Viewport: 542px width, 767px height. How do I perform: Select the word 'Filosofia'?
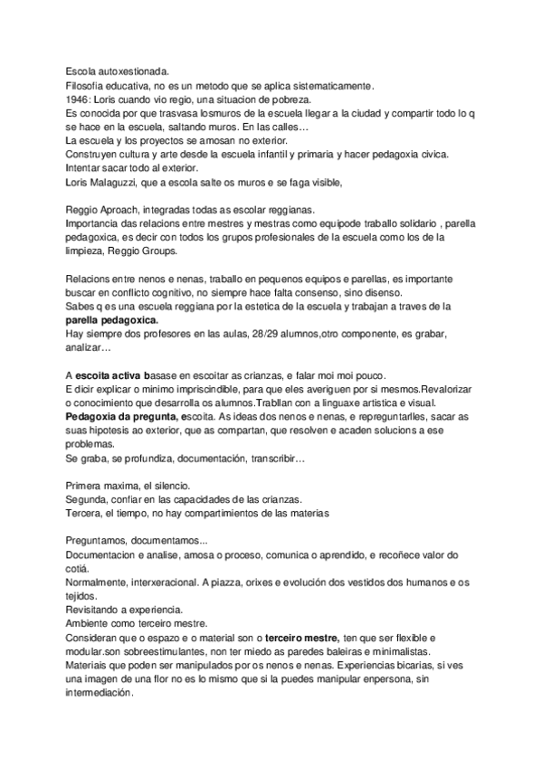click(x=87, y=85)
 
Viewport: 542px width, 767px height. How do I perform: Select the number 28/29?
click(x=232, y=334)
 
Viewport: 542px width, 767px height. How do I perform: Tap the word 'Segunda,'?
click(x=90, y=500)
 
